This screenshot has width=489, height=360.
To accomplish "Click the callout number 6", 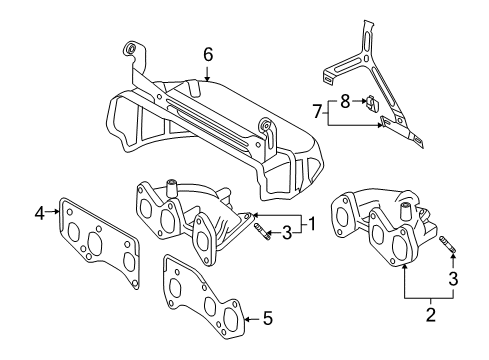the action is pos(208,55).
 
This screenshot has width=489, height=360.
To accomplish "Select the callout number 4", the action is pos(40,213).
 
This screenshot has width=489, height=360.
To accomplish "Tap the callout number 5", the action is pos(268,318).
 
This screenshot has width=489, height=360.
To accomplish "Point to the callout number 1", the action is pos(312,224).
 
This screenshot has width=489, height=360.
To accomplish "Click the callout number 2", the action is pos(431,315).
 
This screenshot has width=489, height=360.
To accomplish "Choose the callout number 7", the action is pos(318,111).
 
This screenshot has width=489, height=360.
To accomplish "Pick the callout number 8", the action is pos(345,101).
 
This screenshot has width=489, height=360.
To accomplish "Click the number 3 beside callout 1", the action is pos(287,233).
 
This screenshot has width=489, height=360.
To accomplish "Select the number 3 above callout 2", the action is pos(453,279).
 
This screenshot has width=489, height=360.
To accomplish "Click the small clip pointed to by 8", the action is pos(371,102).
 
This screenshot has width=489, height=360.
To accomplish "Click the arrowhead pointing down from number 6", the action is pos(207,78).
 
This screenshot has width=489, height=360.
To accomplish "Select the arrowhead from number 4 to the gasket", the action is pos(56,211).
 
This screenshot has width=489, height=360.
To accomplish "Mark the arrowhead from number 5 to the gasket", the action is pos(247,319).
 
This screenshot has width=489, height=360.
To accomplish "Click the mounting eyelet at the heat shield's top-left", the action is pos(130,48).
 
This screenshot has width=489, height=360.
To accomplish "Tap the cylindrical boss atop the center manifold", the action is pos(171,188).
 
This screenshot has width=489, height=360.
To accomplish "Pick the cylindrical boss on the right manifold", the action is pos(405,209).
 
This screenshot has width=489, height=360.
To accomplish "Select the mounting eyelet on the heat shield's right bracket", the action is pos(266,124).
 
